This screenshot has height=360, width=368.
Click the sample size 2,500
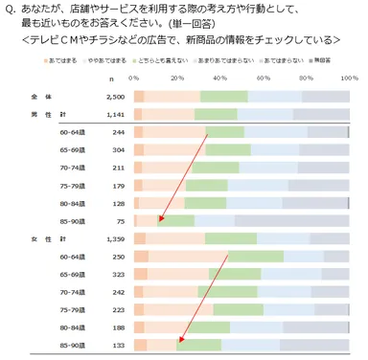coord(113,97)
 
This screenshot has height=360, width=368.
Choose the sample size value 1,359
coord(113,238)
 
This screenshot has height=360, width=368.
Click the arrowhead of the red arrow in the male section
coord(160,219)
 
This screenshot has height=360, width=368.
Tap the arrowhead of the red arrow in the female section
coord(177,340)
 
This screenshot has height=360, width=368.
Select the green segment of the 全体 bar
coord(222,97)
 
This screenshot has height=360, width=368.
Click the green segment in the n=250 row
coord(255,257)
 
